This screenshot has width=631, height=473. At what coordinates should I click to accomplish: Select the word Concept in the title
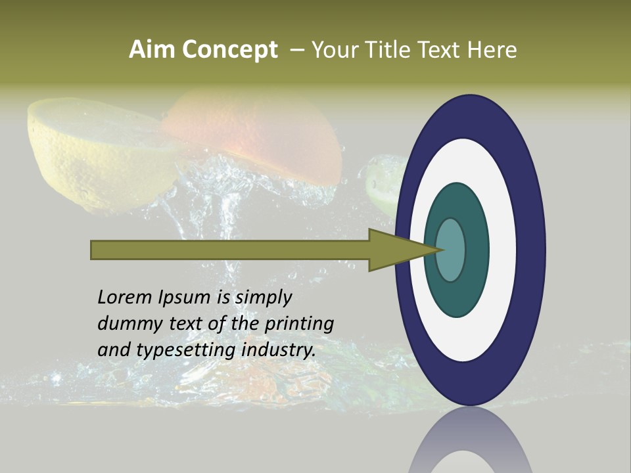tap(230, 50)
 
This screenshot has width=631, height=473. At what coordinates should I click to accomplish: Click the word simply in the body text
tap(264, 298)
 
